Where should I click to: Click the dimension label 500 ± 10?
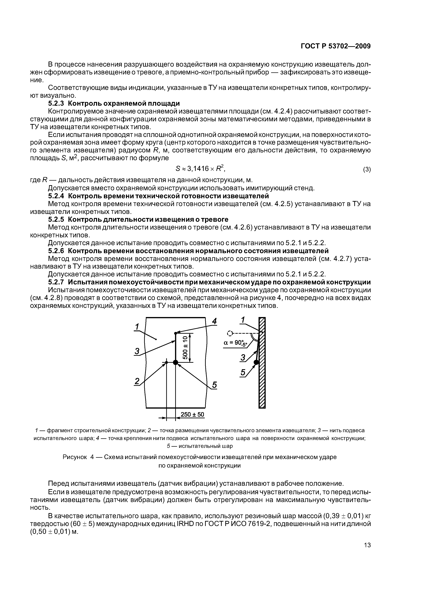tap(185, 348)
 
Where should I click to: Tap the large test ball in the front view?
tap(176, 362)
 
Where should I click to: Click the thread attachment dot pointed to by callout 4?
tap(176, 333)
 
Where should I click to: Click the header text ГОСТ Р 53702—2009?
tap(335, 46)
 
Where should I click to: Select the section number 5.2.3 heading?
tap(56, 103)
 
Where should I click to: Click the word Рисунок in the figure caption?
tap(75, 457)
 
